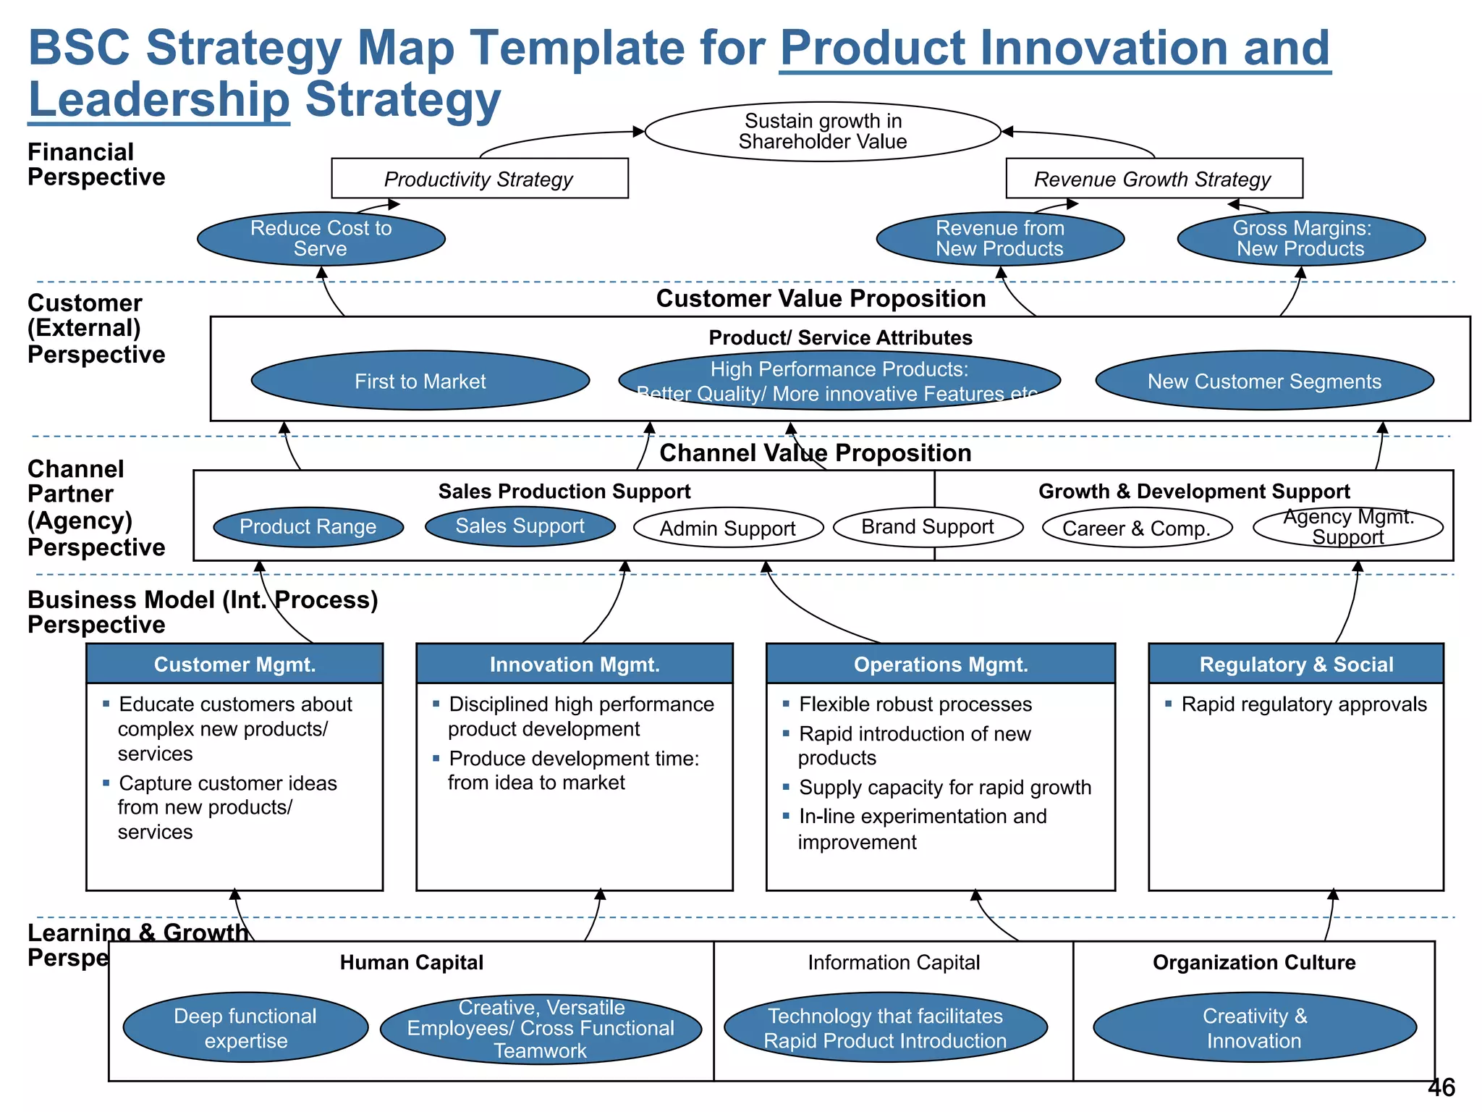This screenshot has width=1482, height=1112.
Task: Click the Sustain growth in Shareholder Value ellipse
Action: (x=822, y=131)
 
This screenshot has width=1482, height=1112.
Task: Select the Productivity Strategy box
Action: (x=479, y=179)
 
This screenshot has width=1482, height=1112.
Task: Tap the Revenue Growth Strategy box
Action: (x=1153, y=179)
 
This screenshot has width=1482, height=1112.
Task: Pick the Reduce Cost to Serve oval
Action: (x=321, y=238)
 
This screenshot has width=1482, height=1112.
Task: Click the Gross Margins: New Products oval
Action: (x=1300, y=238)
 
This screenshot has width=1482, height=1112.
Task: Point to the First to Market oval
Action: (x=420, y=381)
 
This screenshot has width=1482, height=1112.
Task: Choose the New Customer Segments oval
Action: (x=1264, y=381)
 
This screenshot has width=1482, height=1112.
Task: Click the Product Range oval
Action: (x=308, y=526)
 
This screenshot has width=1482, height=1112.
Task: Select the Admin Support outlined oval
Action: (x=727, y=528)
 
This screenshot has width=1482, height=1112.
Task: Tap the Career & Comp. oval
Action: (x=1136, y=528)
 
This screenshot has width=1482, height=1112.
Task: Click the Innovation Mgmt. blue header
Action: (x=574, y=664)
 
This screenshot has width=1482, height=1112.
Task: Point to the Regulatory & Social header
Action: (x=1295, y=664)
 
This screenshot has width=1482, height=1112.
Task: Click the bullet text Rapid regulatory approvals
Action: (x=1303, y=704)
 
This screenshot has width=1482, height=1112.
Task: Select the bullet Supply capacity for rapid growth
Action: (x=944, y=787)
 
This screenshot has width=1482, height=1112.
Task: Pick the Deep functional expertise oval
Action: (x=245, y=1027)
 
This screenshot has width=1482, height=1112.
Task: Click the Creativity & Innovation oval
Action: (x=1254, y=1027)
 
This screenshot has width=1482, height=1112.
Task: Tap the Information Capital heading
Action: (x=893, y=962)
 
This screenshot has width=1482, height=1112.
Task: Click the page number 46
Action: (x=1441, y=1087)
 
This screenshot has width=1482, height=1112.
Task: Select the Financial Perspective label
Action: (x=96, y=164)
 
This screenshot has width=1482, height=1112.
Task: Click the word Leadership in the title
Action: (x=159, y=100)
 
